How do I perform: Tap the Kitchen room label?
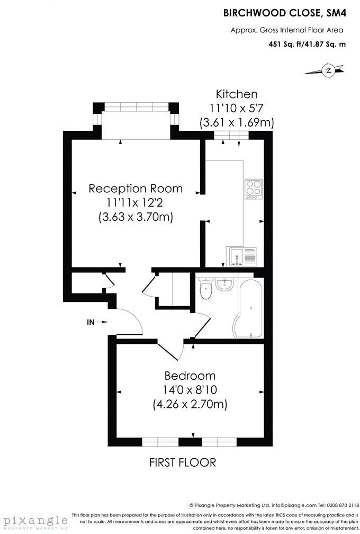point(236,94)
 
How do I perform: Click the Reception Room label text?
point(136,189)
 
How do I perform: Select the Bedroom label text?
point(190,376)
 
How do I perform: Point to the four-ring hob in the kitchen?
point(254,188)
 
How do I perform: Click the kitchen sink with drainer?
point(242,256)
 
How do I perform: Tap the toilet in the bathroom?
point(205,288)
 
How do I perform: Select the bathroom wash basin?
point(224,284)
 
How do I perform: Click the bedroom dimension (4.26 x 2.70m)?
point(190,405)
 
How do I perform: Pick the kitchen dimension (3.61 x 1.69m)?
point(236,123)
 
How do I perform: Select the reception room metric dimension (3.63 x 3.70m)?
point(136,217)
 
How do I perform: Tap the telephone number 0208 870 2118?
point(338,505)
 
